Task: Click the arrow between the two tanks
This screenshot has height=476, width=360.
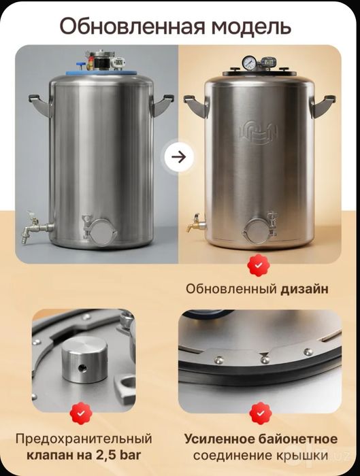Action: [x=179, y=157]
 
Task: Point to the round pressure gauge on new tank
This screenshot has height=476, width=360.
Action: [x=250, y=62]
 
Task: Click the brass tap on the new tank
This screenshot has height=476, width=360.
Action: [x=195, y=224]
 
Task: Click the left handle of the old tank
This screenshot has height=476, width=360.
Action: [x=40, y=105]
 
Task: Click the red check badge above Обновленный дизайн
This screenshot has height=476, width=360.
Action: [x=258, y=265]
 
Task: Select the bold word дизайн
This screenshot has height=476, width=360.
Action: [x=304, y=289]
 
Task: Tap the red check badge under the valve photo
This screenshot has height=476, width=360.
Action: [x=81, y=413]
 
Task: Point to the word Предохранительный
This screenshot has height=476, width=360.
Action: [x=84, y=439]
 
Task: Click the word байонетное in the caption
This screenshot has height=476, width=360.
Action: [x=297, y=439]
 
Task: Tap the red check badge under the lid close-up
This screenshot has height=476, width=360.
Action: [x=261, y=413]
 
